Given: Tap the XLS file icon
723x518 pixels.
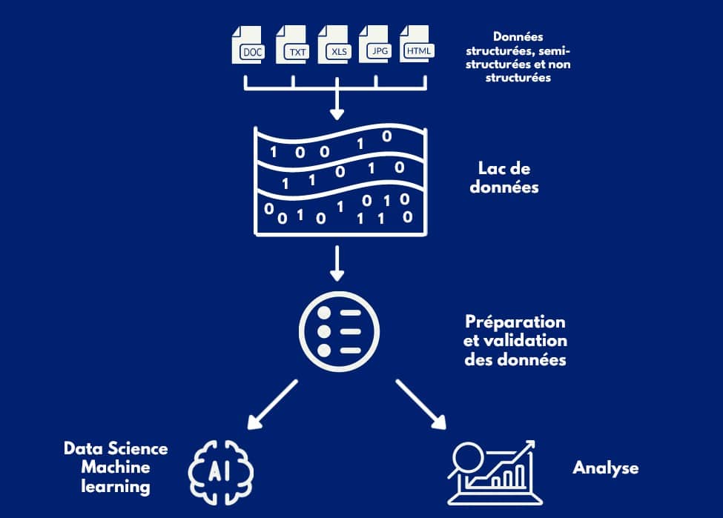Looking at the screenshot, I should click(333, 44).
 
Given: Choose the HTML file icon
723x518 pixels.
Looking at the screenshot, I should click(417, 44).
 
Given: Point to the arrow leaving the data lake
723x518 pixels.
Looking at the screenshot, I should click(337, 264).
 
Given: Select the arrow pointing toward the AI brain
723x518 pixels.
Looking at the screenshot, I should click(271, 405).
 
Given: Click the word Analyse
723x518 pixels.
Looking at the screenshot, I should click(605, 468).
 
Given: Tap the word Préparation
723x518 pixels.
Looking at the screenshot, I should click(515, 323).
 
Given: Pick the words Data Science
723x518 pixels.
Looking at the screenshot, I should click(116, 449).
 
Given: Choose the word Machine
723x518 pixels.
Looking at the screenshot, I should click(116, 468).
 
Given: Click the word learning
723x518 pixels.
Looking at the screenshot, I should click(116, 487).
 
